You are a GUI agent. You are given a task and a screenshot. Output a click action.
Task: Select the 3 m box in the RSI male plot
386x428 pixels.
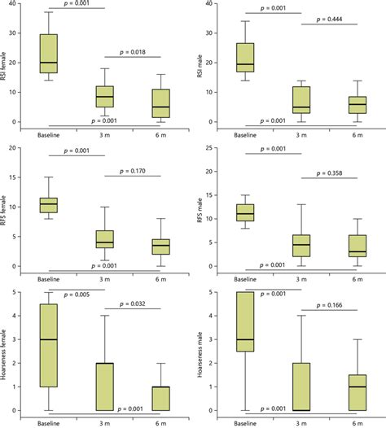pyautogui.click(x=300, y=100)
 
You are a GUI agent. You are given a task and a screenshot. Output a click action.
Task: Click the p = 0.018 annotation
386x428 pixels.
pyautogui.click(x=133, y=51)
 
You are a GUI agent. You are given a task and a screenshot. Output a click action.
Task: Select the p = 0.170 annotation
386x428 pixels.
pyautogui.click(x=133, y=172)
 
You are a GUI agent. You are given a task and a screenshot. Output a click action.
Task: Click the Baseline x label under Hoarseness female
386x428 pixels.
pyautogui.click(x=48, y=422)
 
